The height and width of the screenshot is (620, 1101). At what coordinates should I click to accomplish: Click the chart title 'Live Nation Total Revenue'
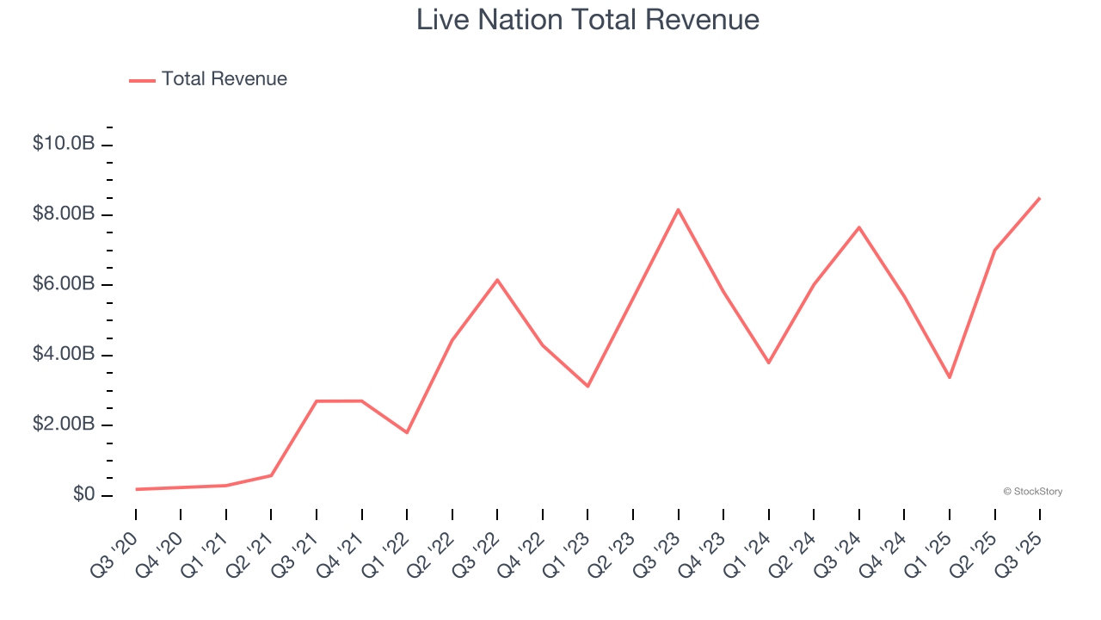pyautogui.click(x=587, y=20)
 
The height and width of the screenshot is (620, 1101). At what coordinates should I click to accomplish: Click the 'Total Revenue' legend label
pyautogui.click(x=224, y=79)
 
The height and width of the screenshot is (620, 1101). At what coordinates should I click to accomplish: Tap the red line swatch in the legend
pyautogui.click(x=142, y=80)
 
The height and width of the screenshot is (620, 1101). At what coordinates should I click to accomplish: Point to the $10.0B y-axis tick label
pyautogui.click(x=64, y=144)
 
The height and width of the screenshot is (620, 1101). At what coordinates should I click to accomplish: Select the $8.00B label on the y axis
pyautogui.click(x=64, y=214)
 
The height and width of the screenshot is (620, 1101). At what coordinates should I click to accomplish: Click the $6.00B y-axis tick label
pyautogui.click(x=64, y=284)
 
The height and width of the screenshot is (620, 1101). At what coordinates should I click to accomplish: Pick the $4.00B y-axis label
pyautogui.click(x=64, y=355)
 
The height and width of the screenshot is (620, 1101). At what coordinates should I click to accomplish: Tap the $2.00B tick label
pyautogui.click(x=64, y=425)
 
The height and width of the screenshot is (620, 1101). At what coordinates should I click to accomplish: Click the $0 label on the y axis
pyautogui.click(x=83, y=495)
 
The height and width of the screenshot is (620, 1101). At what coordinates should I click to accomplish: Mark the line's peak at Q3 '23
pyautogui.click(x=678, y=209)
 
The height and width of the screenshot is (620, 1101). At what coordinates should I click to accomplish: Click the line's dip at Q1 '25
pyautogui.click(x=950, y=377)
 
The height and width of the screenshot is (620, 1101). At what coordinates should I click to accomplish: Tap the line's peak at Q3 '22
pyautogui.click(x=497, y=280)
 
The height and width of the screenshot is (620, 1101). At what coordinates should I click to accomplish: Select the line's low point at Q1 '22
pyautogui.click(x=407, y=432)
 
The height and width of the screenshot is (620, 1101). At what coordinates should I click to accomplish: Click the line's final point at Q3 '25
pyautogui.click(x=1039, y=198)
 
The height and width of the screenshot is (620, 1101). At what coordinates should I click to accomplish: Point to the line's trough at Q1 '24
pyautogui.click(x=768, y=363)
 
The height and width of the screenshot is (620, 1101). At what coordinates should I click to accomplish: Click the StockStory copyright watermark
pyautogui.click(x=1032, y=492)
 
